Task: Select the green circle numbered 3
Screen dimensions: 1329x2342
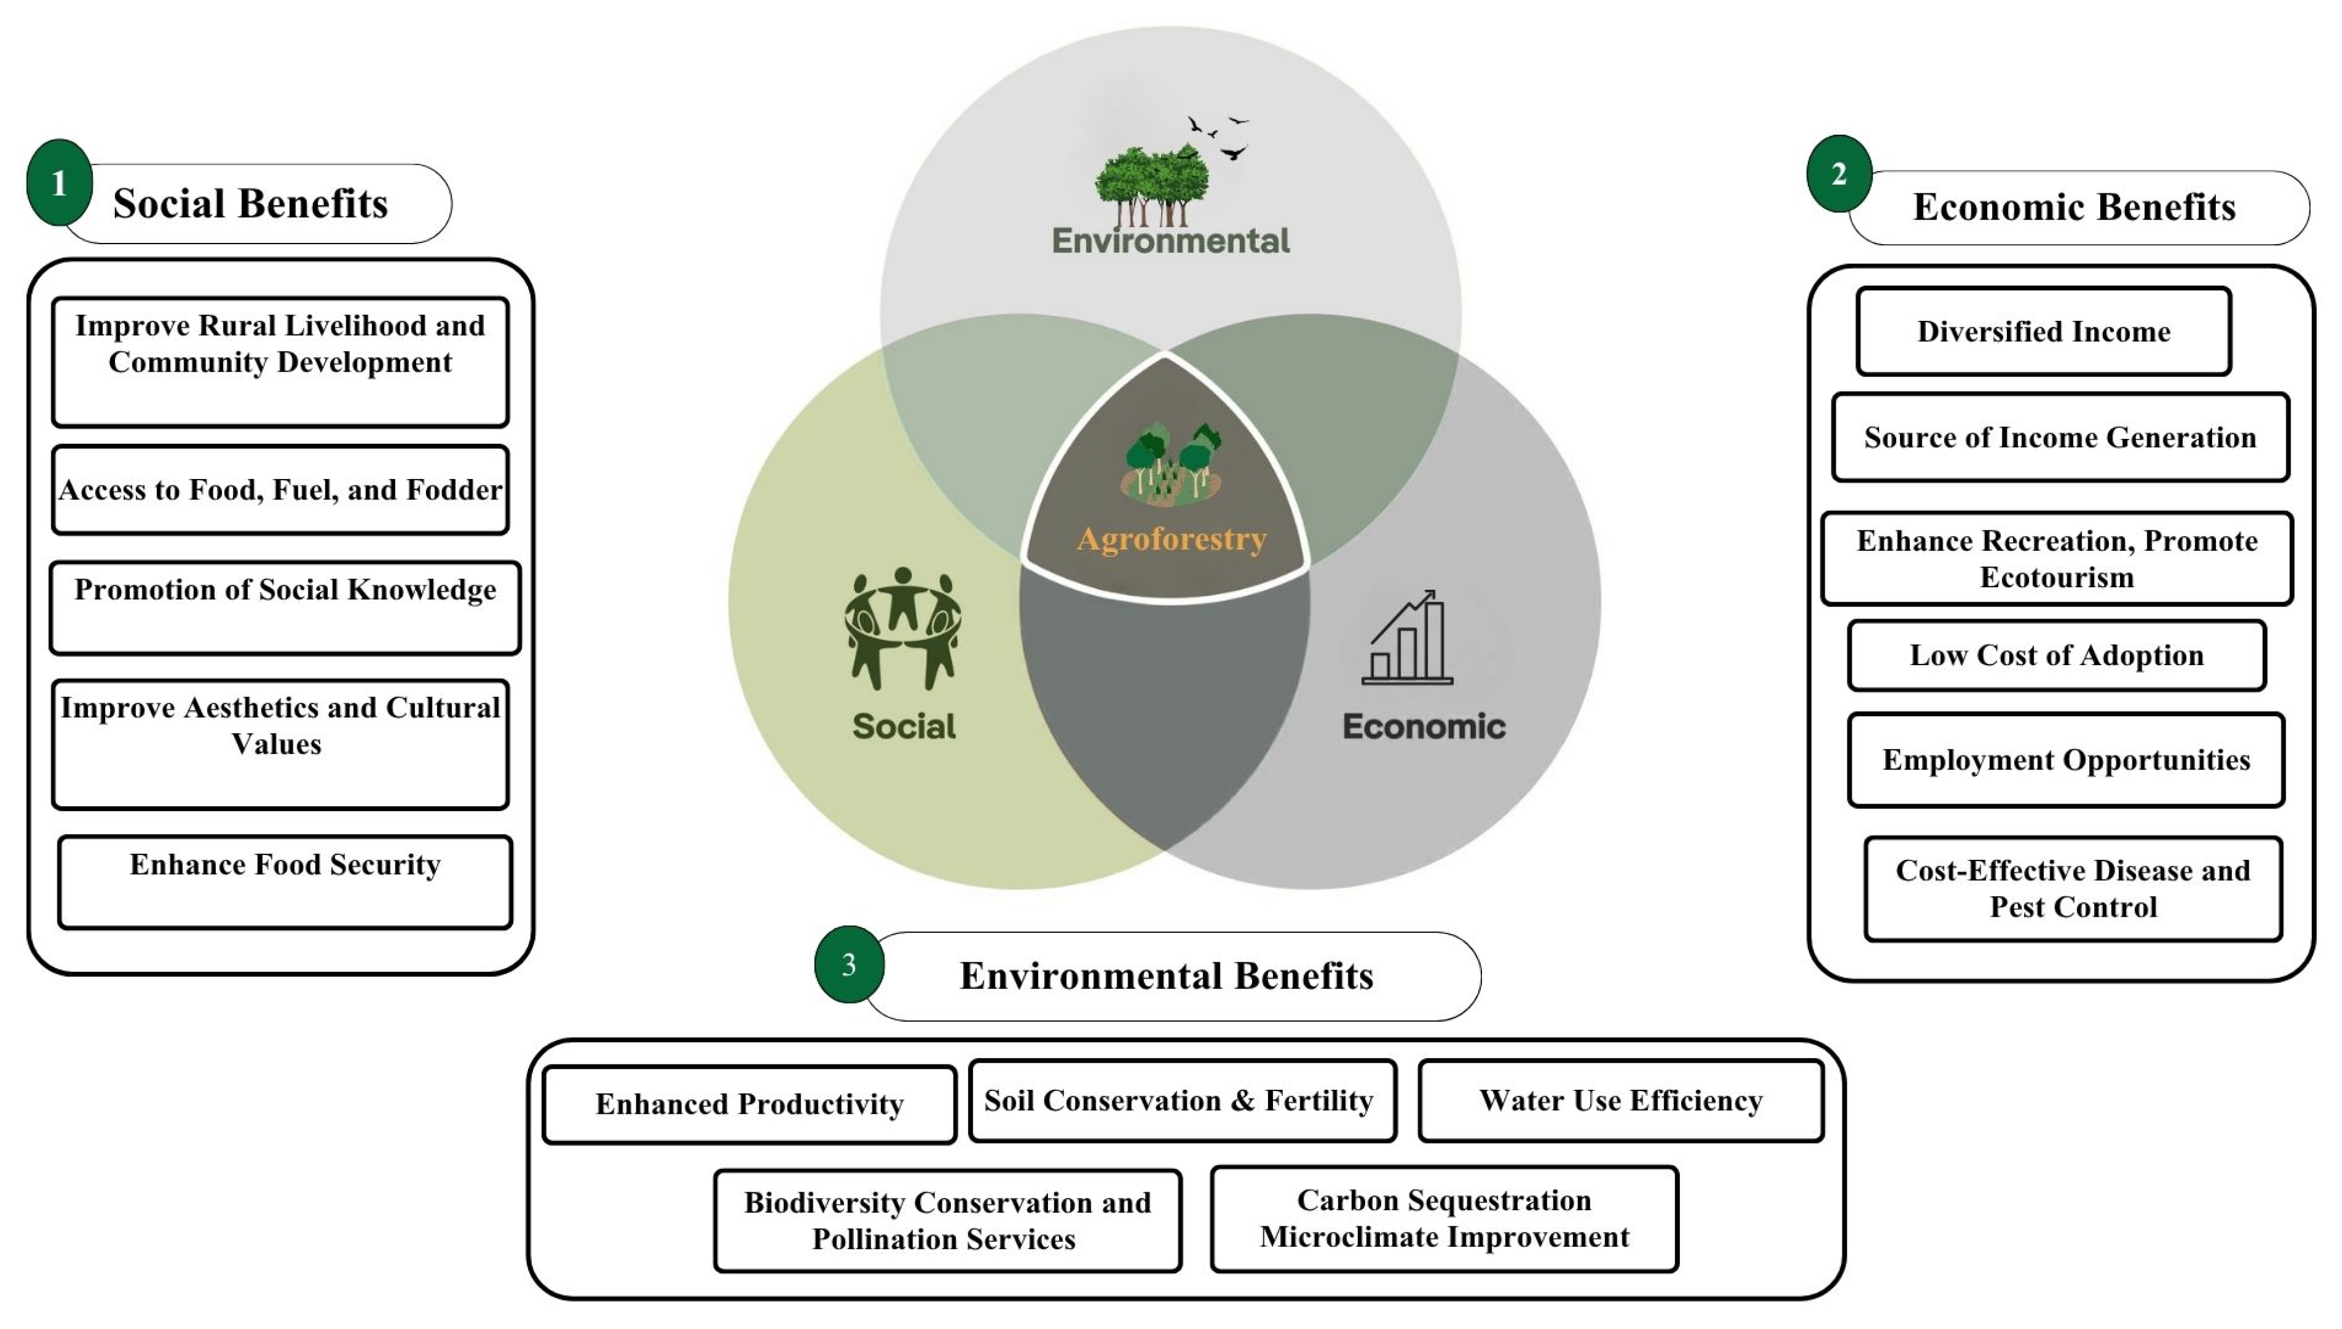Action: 849,965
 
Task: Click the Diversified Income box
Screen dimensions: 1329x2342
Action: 2043,331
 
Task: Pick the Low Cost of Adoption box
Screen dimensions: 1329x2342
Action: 2056,655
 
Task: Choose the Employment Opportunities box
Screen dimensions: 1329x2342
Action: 2066,760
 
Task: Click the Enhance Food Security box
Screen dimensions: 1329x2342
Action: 285,881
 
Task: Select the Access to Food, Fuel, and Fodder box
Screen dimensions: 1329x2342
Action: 280,490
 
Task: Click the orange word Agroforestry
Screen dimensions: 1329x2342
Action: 1171,538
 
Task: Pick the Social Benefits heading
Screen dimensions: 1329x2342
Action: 250,203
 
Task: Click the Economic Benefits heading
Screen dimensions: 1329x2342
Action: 2074,207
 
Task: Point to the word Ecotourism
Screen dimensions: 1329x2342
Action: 2056,578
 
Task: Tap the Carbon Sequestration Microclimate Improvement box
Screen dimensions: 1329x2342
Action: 1444,1218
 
